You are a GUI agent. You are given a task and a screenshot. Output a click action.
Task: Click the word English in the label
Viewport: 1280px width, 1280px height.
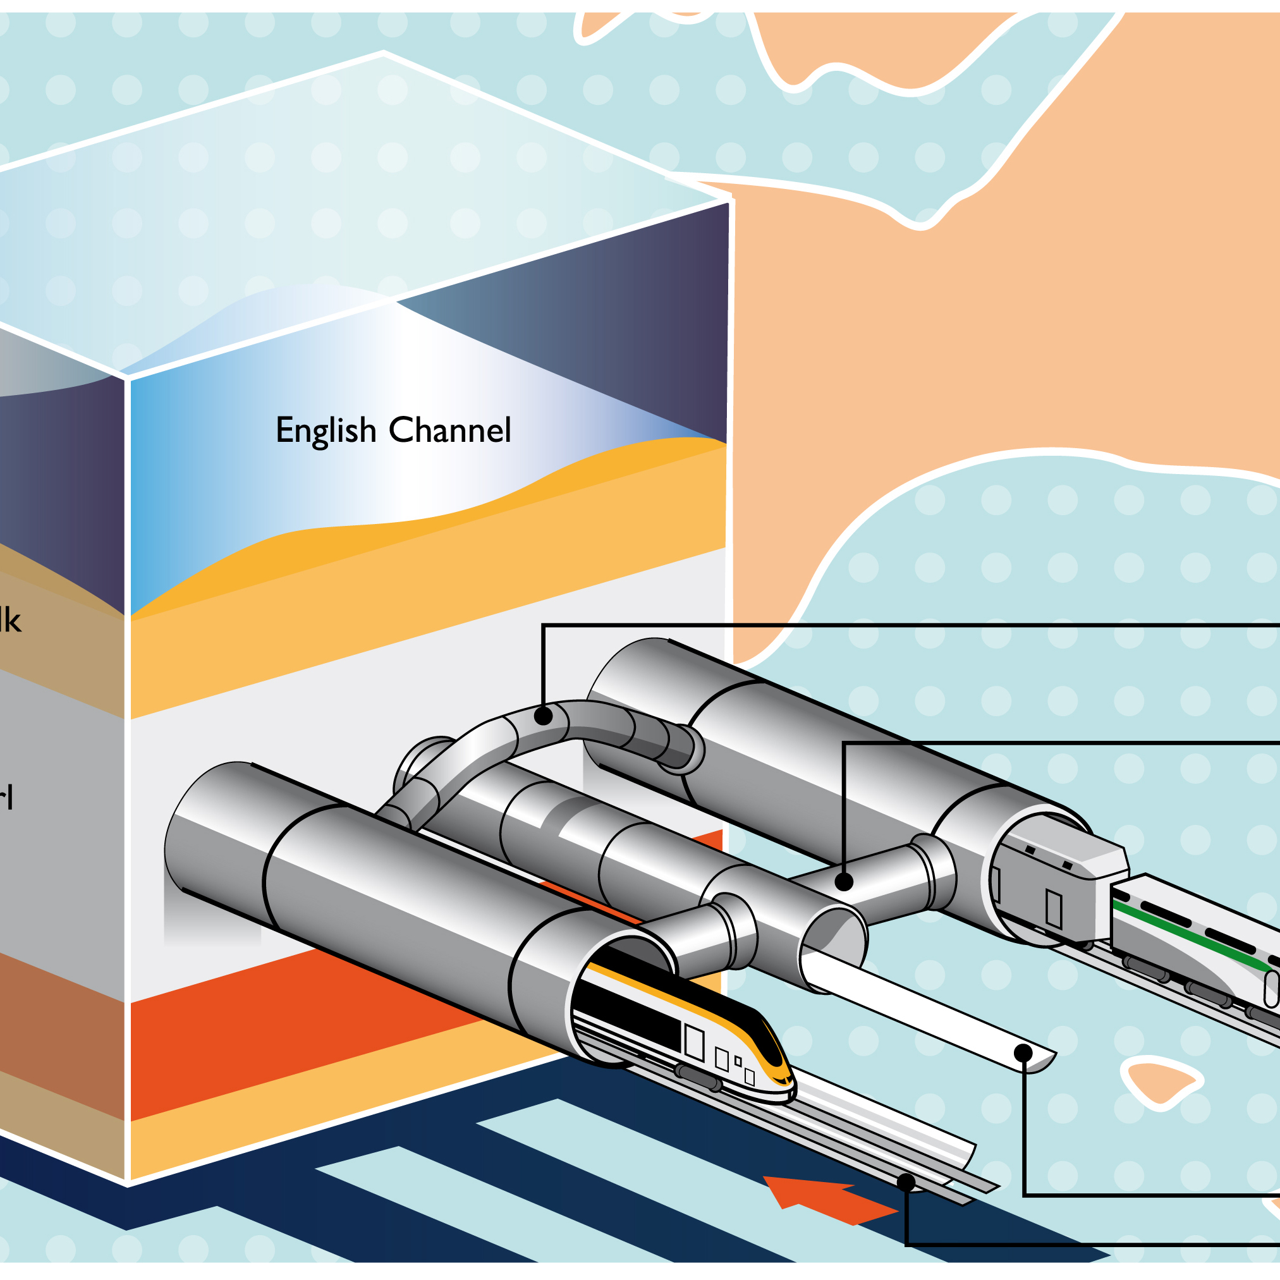pos(326,431)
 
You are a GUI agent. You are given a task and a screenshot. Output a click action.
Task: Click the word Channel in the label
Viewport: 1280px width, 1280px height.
pos(450,430)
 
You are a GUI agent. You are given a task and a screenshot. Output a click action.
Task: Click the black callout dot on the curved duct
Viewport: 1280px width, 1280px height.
pos(543,716)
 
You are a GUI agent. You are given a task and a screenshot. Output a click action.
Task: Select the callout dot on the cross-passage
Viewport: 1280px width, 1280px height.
pos(843,882)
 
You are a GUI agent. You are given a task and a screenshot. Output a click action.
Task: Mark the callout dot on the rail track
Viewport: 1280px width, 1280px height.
pos(906,1183)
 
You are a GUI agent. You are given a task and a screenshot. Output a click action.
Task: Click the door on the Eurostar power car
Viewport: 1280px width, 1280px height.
pos(693,1042)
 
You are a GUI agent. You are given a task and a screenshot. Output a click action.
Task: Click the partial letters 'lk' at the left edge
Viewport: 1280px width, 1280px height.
pos(10,621)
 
